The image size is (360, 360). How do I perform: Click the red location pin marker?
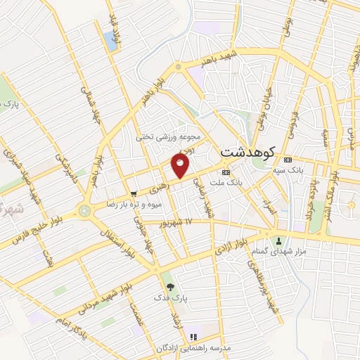tap(180, 166)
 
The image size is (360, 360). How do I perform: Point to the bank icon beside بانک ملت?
tap(226, 172)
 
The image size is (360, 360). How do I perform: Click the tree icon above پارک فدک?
tap(169, 286)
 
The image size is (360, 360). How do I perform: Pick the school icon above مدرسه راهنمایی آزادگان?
tap(195, 329)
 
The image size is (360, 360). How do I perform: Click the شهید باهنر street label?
tap(218, 58)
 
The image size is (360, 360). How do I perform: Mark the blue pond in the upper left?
tap(111, 40)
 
